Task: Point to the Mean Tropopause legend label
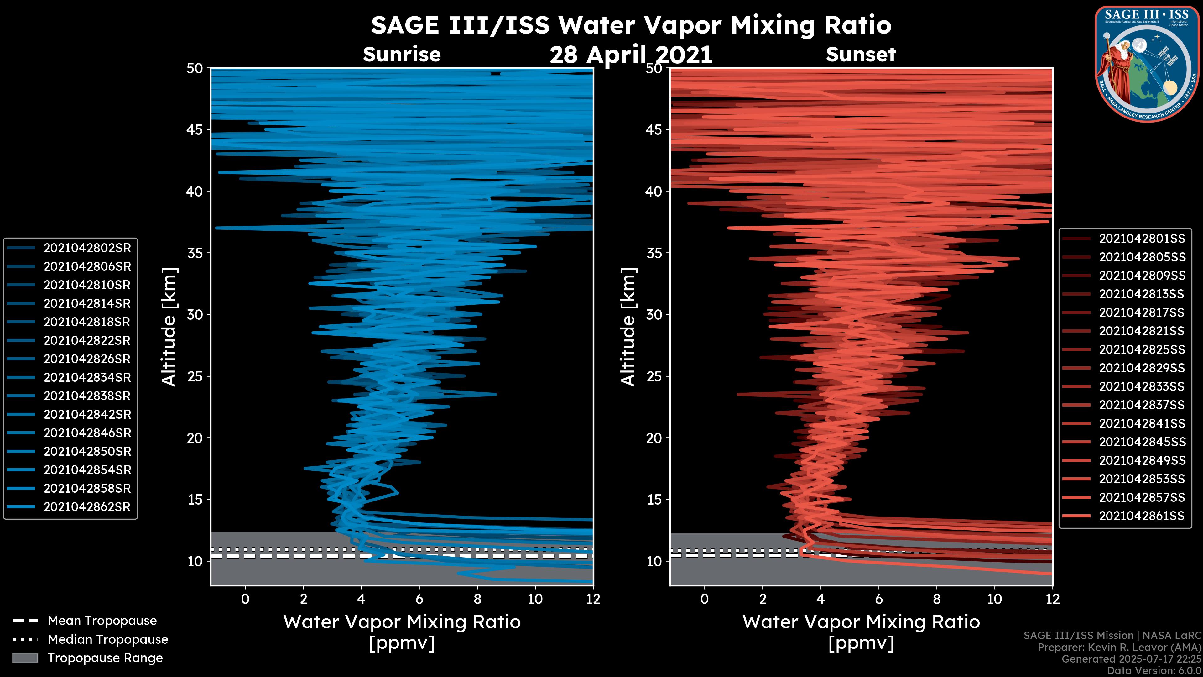[x=102, y=621]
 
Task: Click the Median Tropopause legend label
[x=108, y=640]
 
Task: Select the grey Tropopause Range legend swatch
[x=25, y=658]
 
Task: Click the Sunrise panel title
[x=402, y=55]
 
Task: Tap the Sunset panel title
[x=861, y=55]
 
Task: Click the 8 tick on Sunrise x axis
[x=477, y=599]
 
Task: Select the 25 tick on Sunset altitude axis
[x=654, y=376]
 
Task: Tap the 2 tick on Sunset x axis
[x=763, y=599]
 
